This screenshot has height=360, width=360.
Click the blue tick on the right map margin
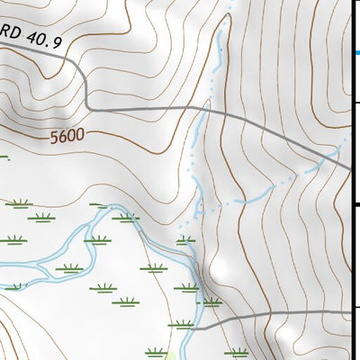(356, 53)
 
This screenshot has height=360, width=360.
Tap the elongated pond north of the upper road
(217, 43)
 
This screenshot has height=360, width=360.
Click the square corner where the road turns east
(86, 107)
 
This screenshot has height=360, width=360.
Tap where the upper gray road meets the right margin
(350, 167)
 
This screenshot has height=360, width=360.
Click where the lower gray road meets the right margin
(350, 312)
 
